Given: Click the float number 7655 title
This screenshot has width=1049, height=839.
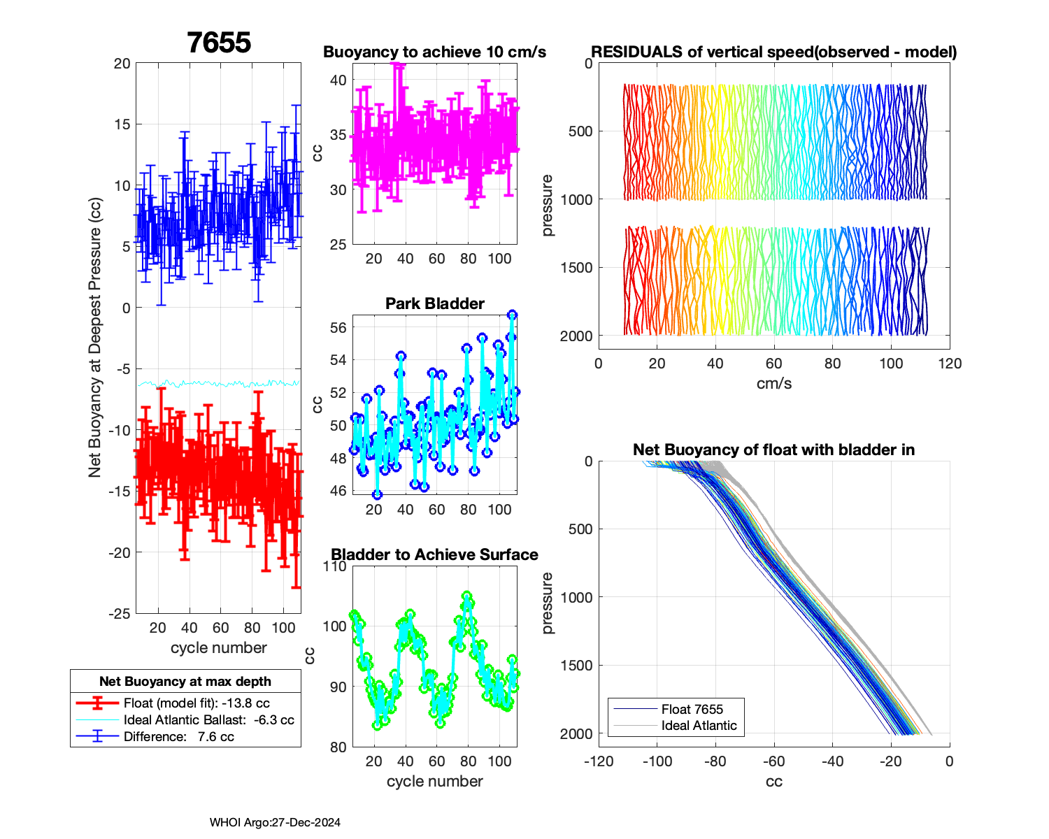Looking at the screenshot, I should pyautogui.click(x=219, y=43).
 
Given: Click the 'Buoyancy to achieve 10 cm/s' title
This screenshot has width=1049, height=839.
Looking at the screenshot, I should pyautogui.click(x=434, y=52).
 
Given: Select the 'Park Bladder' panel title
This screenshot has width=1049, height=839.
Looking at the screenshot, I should pyautogui.click(x=434, y=303).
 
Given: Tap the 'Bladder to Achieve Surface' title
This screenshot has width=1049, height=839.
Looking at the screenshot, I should pyautogui.click(x=434, y=554).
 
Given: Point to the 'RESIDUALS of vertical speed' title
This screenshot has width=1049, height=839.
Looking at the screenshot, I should pyautogui.click(x=773, y=52).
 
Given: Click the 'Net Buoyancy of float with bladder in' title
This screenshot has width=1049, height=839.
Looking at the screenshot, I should pyautogui.click(x=773, y=450).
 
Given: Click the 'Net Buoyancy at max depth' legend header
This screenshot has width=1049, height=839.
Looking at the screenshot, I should pyautogui.click(x=185, y=681).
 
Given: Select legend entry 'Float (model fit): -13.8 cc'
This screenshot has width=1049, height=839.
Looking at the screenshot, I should pyautogui.click(x=197, y=703).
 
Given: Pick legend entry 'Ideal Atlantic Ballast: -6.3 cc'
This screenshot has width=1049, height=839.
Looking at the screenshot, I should pyautogui.click(x=208, y=720).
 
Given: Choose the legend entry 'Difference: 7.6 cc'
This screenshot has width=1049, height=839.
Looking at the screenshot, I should pyautogui.click(x=178, y=737).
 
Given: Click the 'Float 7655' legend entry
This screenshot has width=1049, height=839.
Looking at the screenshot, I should pyautogui.click(x=692, y=709).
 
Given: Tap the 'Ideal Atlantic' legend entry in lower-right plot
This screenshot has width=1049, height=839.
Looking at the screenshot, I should pyautogui.click(x=699, y=726).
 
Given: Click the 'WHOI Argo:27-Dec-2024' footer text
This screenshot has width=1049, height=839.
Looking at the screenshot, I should pyautogui.click(x=275, y=823).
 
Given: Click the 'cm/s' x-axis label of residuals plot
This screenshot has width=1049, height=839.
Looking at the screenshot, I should pyautogui.click(x=773, y=383).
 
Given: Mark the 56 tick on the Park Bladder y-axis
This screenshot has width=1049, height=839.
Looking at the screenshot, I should pyautogui.click(x=338, y=327).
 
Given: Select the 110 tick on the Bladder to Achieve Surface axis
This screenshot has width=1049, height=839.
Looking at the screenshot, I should pyautogui.click(x=336, y=566).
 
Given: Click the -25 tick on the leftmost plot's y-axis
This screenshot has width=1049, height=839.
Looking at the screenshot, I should pyautogui.click(x=120, y=613).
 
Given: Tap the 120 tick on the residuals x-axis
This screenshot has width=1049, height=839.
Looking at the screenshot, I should pyautogui.click(x=950, y=364).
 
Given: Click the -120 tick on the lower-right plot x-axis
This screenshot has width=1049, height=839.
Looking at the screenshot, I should pyautogui.click(x=599, y=761).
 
